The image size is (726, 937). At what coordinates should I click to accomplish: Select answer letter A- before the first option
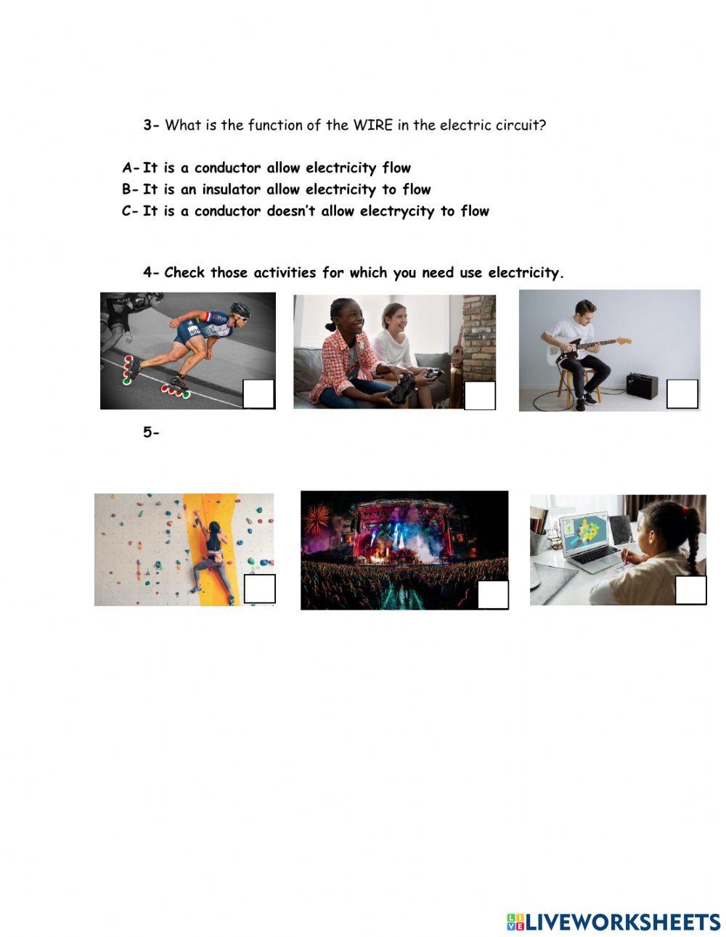[x=131, y=168]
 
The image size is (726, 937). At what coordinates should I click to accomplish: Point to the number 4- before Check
[x=151, y=272]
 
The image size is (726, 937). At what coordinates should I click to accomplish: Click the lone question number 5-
[x=151, y=432]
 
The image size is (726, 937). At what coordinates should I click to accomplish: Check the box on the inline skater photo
[x=258, y=393]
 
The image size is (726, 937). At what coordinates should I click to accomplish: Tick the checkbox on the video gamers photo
[x=480, y=395]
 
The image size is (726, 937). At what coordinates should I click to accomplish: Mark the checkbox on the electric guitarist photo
[x=682, y=393]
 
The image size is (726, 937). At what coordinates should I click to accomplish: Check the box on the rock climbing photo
[x=259, y=589]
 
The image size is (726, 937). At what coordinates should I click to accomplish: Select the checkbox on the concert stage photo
[x=493, y=594]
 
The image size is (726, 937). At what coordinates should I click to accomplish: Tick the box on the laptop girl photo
[x=690, y=590]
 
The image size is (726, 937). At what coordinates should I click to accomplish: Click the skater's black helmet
[x=240, y=308]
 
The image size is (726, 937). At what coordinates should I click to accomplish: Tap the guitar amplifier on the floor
[x=642, y=385]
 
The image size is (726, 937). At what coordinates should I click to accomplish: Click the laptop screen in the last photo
[x=584, y=531]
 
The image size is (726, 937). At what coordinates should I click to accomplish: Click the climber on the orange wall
[x=213, y=556]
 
